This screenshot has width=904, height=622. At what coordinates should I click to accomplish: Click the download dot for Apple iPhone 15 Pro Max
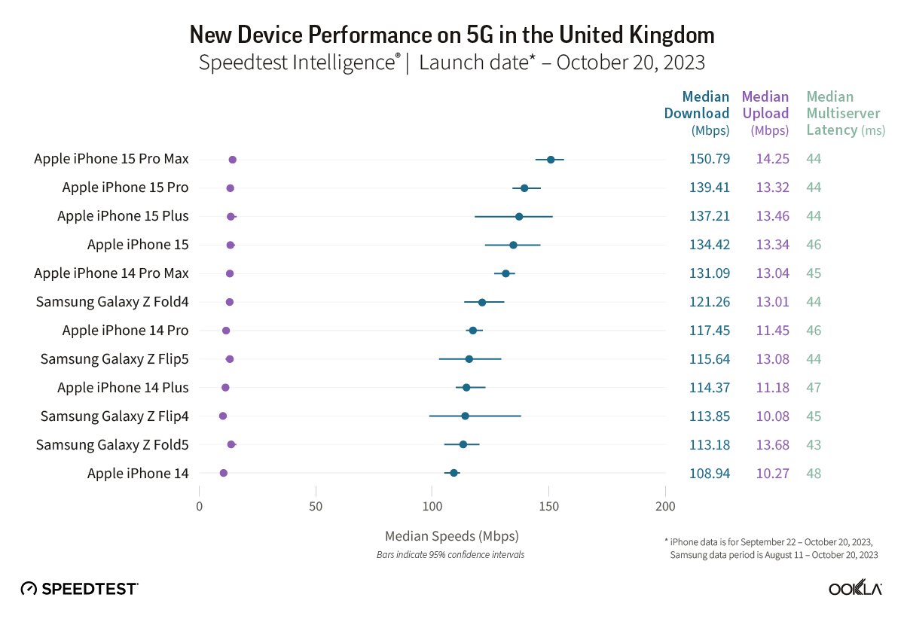click(551, 160)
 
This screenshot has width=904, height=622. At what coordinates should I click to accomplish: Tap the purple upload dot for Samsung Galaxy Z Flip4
click(223, 416)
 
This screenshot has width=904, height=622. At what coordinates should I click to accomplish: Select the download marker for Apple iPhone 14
click(454, 473)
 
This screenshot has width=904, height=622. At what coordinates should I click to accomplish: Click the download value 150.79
click(709, 159)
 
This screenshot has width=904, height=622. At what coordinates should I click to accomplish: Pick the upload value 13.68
click(772, 445)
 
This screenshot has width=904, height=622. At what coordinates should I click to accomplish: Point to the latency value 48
click(814, 474)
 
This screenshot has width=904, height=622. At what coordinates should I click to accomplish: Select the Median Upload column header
click(765, 113)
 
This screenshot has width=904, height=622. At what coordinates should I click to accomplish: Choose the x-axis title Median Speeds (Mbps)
click(451, 536)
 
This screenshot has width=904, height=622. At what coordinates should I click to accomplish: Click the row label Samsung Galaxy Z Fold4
click(112, 302)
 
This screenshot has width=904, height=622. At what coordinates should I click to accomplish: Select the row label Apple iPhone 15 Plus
click(123, 216)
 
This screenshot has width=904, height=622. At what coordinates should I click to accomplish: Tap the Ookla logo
click(855, 589)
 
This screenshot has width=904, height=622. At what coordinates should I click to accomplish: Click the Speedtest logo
click(79, 589)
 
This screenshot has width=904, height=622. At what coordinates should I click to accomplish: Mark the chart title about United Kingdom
click(451, 35)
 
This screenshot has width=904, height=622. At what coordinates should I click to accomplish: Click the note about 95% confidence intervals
click(450, 555)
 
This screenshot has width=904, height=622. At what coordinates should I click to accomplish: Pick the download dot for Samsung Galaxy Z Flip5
click(469, 359)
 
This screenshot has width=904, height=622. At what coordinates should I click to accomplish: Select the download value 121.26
click(709, 302)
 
